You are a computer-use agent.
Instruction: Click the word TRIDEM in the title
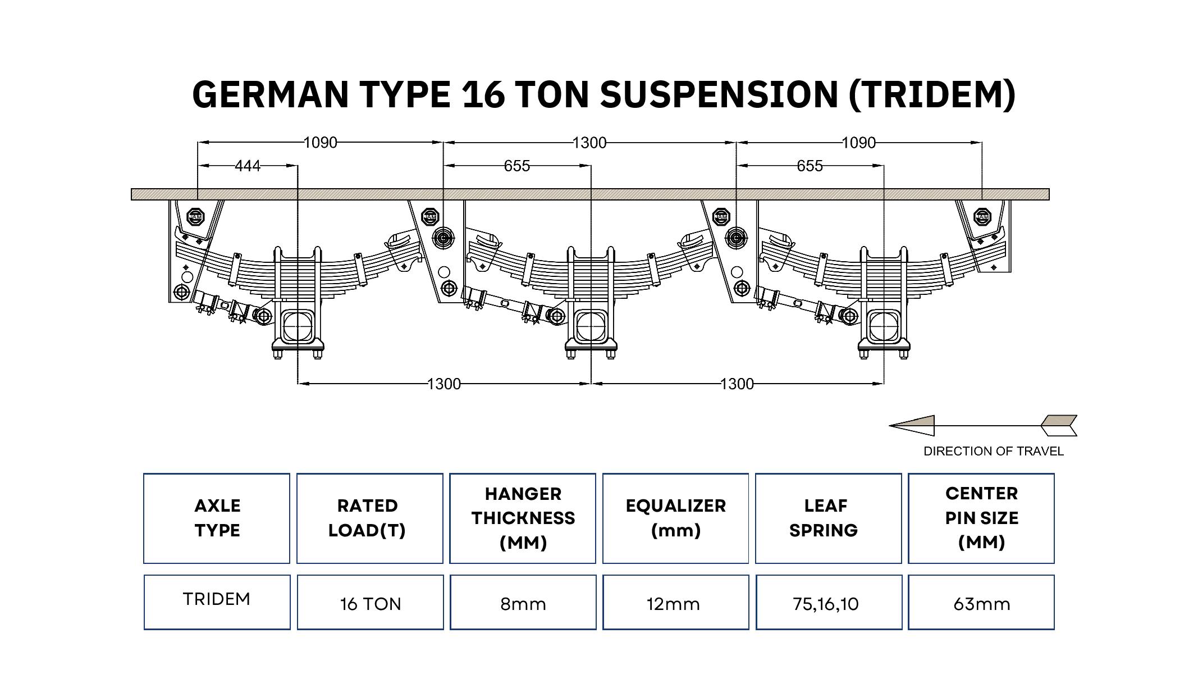932,94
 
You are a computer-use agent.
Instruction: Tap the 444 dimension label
248,166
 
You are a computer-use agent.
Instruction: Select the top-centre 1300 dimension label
589,143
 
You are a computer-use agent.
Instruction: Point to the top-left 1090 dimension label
320,143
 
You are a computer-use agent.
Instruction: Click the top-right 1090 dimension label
858,143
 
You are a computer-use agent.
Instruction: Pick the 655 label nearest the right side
810,166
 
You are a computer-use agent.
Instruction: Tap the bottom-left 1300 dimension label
443,384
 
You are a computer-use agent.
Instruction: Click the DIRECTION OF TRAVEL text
993,452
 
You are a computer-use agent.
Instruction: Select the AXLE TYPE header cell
217,518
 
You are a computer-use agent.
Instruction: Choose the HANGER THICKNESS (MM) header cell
523,518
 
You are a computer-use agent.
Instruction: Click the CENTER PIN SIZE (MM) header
981,518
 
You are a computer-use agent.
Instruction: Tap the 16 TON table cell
370,604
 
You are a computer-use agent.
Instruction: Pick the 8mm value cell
523,604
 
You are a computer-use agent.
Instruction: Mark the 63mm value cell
981,604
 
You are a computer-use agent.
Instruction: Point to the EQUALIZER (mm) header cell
675,518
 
